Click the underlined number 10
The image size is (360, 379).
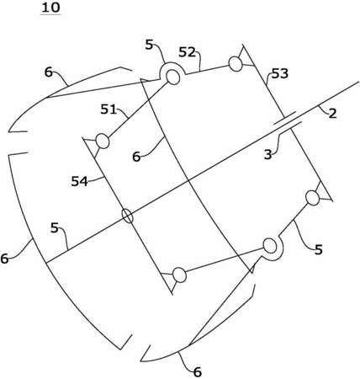50,8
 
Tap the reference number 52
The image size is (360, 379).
187,52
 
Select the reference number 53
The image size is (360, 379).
280,73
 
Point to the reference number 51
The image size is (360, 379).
109,109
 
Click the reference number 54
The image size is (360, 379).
79,182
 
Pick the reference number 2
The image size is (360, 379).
332,114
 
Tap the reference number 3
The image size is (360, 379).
268,155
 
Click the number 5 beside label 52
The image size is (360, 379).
150,45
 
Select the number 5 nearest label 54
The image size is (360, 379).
55,228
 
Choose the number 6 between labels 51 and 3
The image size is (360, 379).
136,157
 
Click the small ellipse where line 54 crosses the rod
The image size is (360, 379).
128,216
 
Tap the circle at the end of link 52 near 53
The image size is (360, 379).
236,64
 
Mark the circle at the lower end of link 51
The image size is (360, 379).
103,141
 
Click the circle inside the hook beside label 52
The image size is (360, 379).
173,77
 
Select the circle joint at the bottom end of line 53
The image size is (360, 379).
312,198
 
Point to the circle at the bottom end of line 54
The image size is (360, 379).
179,275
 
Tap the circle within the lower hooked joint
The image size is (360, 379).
270,246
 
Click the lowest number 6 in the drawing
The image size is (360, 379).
198,372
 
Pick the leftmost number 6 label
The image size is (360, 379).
4,259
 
